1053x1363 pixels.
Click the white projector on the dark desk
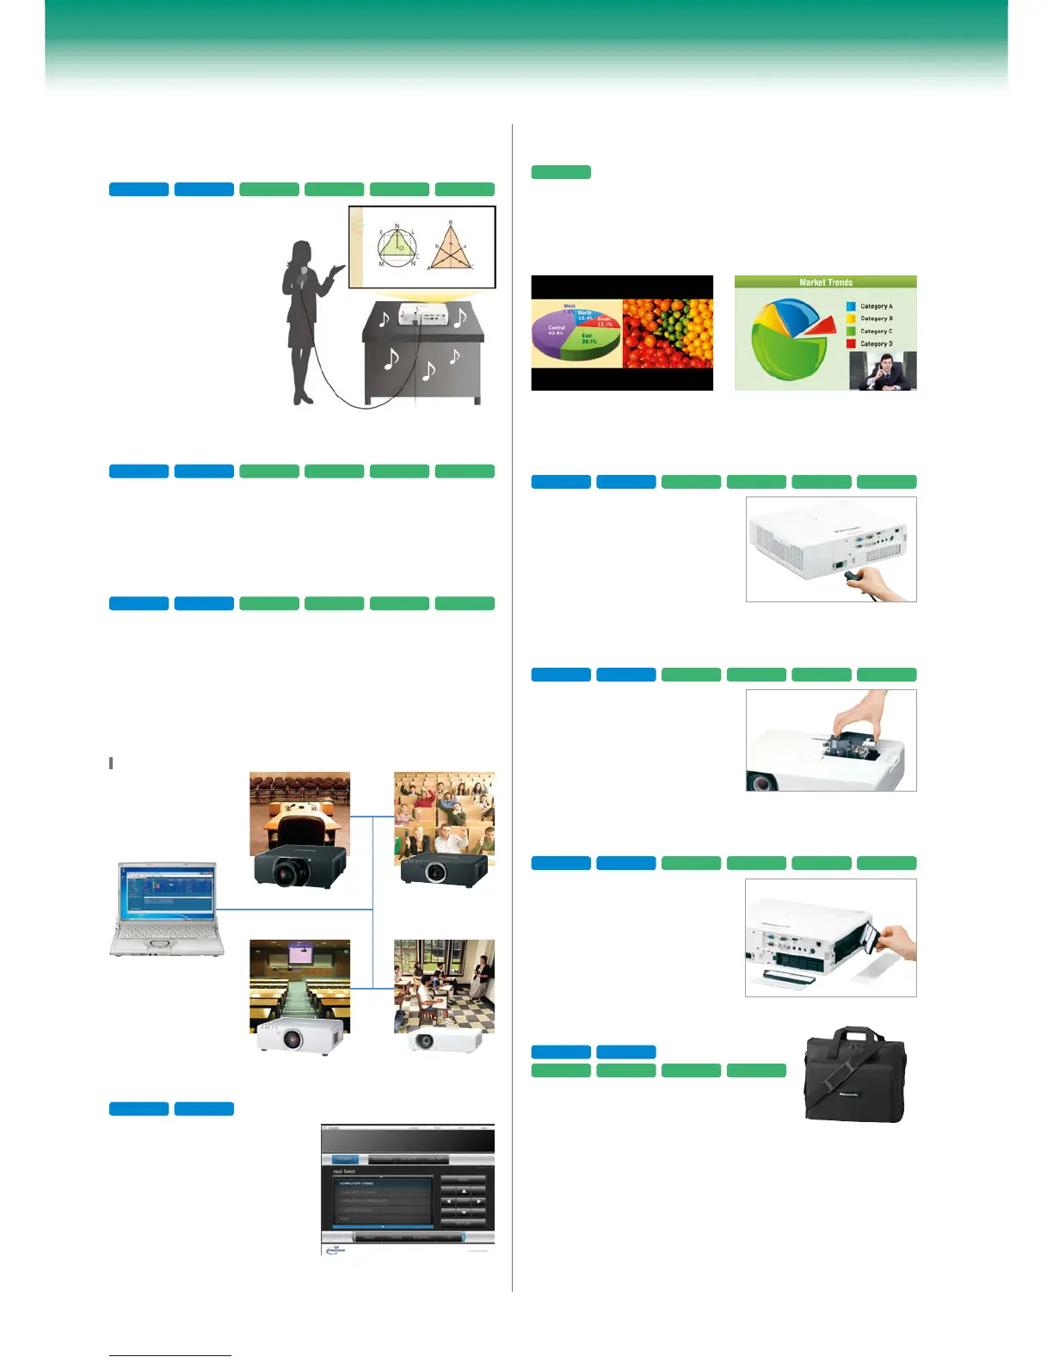click(x=422, y=316)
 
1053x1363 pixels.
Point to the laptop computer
click(x=167, y=908)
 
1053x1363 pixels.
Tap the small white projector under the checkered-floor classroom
click(x=445, y=1040)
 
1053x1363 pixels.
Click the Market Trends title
click(x=825, y=282)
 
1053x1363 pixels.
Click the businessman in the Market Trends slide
click(x=883, y=372)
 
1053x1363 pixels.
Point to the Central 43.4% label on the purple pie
click(x=557, y=330)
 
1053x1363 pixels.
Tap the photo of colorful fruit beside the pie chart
click(x=668, y=333)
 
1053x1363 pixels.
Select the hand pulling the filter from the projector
click(x=895, y=942)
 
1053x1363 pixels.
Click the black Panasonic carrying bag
click(x=854, y=1076)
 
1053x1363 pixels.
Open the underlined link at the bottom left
click(x=170, y=1355)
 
